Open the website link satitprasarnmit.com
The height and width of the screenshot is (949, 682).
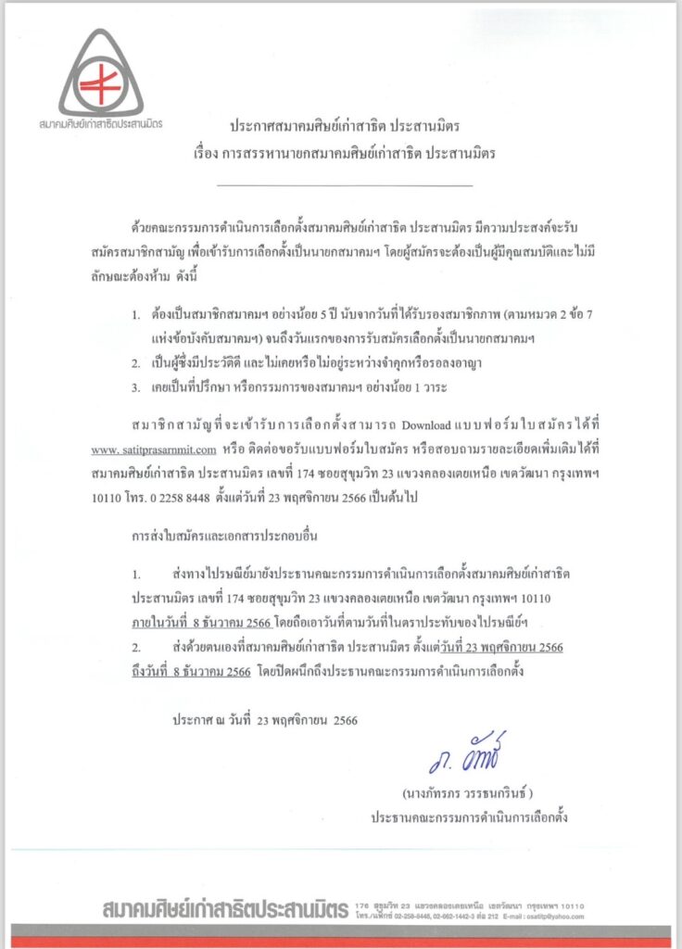[x=154, y=449]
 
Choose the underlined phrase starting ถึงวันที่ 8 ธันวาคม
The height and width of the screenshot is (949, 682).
[x=190, y=672]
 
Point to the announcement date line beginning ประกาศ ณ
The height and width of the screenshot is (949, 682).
[x=265, y=719]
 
